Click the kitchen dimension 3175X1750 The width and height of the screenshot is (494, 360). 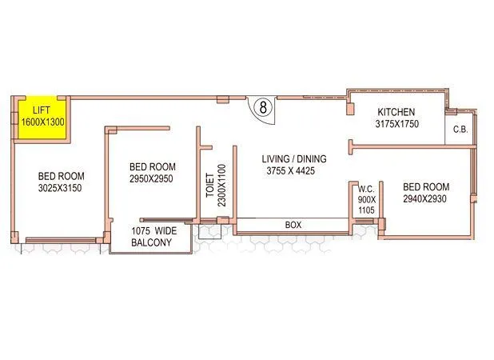coord(398,125)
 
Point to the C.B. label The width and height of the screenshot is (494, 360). coord(460,130)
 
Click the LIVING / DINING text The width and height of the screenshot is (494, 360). coord(292,158)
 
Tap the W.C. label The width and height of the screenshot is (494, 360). coord(366,189)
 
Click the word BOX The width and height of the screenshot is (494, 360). coord(293,226)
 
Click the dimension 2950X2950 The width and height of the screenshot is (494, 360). coord(152,178)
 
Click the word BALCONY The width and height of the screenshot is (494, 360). coord(151,242)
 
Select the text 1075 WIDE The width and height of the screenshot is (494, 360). coord(152,230)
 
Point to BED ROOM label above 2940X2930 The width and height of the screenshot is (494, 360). coord(428,186)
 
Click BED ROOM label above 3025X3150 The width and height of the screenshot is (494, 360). coord(61,177)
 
